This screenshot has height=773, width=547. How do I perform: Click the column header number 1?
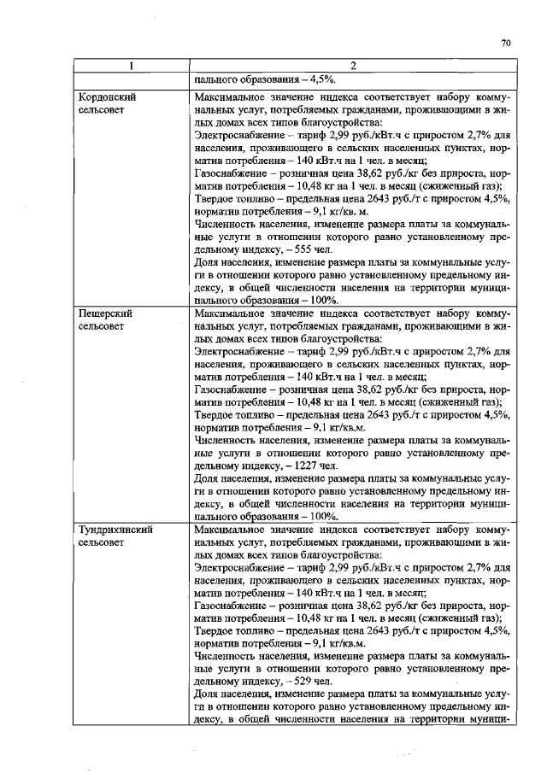[131, 66]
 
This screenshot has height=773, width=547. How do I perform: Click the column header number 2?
[352, 66]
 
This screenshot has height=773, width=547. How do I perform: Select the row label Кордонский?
[107, 97]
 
